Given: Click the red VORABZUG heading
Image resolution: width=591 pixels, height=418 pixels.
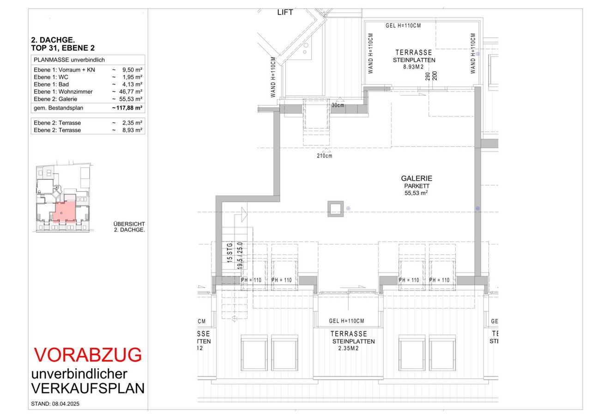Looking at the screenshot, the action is (88, 355).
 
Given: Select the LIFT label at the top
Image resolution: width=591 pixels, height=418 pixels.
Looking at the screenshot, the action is (285, 12).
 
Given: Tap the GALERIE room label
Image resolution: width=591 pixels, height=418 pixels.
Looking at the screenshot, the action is (416, 178).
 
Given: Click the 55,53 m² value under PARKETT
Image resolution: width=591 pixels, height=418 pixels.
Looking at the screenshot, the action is (416, 193).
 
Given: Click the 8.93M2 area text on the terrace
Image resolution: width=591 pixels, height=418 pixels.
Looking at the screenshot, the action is (413, 67).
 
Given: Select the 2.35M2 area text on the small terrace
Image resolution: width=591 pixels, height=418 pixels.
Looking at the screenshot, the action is (349, 348).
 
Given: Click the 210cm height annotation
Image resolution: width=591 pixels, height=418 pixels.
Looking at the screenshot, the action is (325, 156).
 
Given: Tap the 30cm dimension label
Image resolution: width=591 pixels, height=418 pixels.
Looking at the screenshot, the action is (338, 105).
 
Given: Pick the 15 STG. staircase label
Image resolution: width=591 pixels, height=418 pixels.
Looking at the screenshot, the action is (230, 252).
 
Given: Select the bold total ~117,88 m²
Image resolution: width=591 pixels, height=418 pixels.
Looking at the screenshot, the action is (127, 108).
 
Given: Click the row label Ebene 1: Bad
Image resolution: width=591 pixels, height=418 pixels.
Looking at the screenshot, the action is (51, 85).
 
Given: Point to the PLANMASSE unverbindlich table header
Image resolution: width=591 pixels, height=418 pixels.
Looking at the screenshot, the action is (69, 60).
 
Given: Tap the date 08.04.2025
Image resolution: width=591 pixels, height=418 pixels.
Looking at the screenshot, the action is (66, 404).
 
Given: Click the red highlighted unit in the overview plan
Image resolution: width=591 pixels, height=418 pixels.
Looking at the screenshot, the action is (65, 211).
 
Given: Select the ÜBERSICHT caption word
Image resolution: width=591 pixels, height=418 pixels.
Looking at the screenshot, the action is (129, 224).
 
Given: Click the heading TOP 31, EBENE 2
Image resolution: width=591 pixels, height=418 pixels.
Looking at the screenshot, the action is (63, 48).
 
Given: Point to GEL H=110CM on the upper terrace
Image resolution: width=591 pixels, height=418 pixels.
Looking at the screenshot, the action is (403, 25).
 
